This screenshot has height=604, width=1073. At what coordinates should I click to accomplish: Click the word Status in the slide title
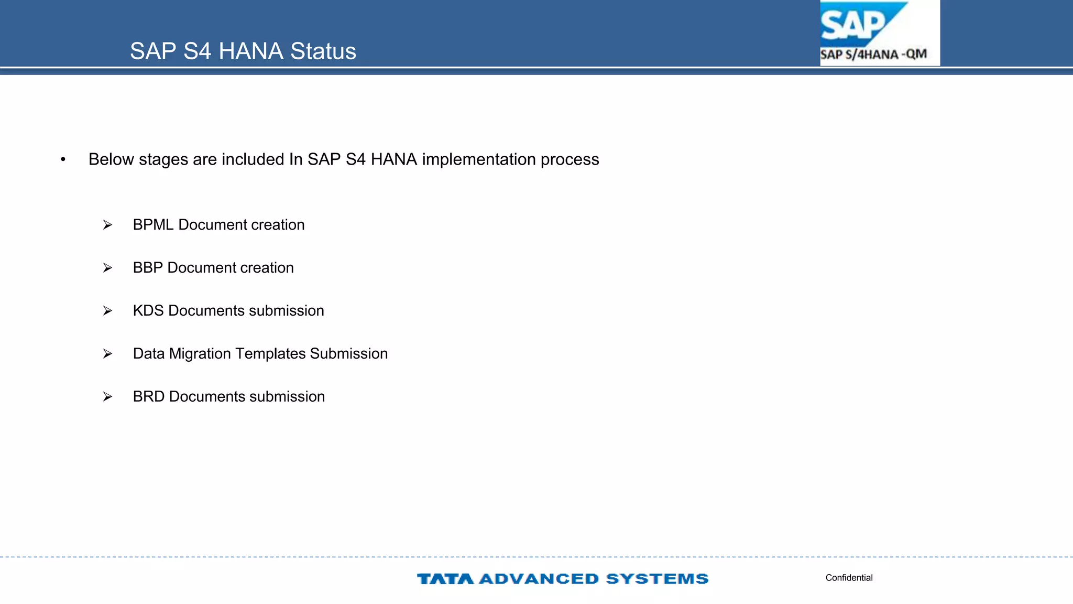coord(323,51)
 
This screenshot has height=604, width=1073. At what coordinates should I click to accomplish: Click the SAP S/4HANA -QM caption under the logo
coord(873,55)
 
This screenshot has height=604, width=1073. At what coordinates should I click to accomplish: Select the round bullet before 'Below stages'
coord(63,159)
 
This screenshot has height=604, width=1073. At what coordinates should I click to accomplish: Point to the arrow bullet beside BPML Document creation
coord(107,225)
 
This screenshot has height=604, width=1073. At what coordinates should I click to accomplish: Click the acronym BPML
coord(153,225)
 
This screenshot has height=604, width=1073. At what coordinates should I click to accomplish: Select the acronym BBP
coord(148,268)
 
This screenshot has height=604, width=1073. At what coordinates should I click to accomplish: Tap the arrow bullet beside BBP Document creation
coord(107,268)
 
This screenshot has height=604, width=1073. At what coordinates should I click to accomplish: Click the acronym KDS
coord(148,311)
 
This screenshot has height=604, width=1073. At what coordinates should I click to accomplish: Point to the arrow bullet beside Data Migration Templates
coord(107,354)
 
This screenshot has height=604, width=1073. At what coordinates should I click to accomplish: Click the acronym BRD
coord(149,397)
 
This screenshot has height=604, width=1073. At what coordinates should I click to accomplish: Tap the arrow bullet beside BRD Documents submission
coord(107,397)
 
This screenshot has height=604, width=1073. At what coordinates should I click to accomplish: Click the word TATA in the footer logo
coord(445,579)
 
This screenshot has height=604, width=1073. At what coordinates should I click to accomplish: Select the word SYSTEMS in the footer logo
coord(657,579)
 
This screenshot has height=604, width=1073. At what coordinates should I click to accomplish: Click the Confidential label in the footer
coord(849,578)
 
